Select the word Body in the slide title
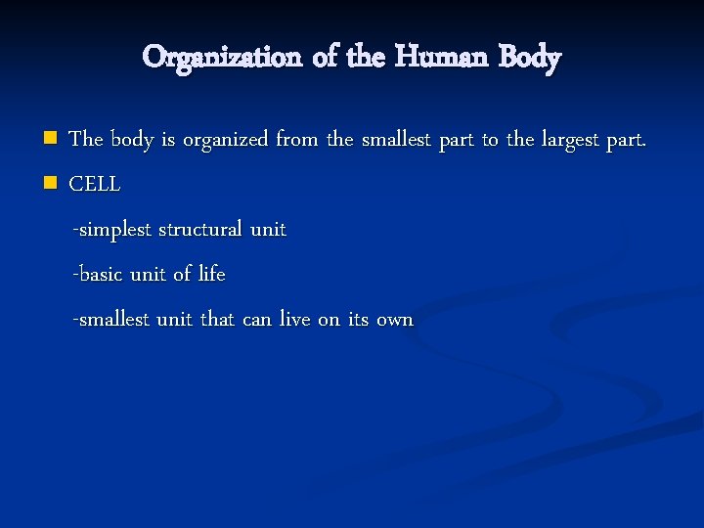pos(528,57)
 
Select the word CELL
pos(95,184)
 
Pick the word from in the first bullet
pos(297,140)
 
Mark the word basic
pos(101,275)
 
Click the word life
pos(211,275)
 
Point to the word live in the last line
pos(295,320)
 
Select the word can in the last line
pos(256,320)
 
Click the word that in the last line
pos(217,320)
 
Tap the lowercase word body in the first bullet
pos(131,140)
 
